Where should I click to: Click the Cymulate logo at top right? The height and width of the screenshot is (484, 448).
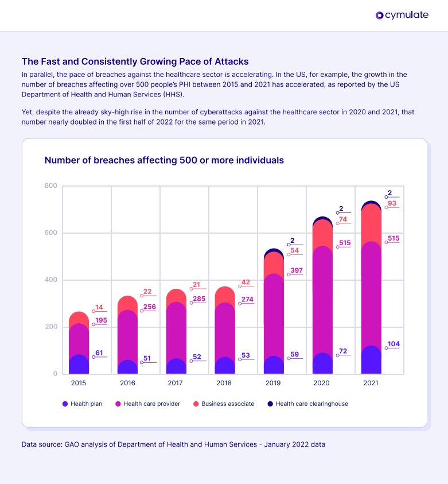coord(402,16)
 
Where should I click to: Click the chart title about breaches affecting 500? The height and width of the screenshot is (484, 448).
coord(164,160)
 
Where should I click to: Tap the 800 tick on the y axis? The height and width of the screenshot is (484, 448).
coord(50,186)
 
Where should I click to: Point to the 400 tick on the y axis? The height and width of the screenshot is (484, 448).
coord(50,280)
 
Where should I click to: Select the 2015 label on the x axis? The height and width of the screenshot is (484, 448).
coord(79,383)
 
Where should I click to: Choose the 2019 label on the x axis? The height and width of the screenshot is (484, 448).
coord(274,383)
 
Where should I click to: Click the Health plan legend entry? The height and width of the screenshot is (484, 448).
coord(83,404)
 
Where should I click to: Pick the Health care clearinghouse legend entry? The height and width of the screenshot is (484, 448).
coord(307,404)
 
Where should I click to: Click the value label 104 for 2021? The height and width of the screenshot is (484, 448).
coord(394,344)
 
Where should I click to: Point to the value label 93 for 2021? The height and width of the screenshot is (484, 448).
coord(392,203)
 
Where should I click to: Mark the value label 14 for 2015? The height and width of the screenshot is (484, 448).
coord(99,307)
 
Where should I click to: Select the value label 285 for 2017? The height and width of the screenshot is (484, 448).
coord(199,299)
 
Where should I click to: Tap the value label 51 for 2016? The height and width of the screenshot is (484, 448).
coord(147,358)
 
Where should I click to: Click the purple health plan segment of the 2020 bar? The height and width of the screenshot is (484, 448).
coord(322,363)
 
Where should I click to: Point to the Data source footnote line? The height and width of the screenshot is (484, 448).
coord(173,444)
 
